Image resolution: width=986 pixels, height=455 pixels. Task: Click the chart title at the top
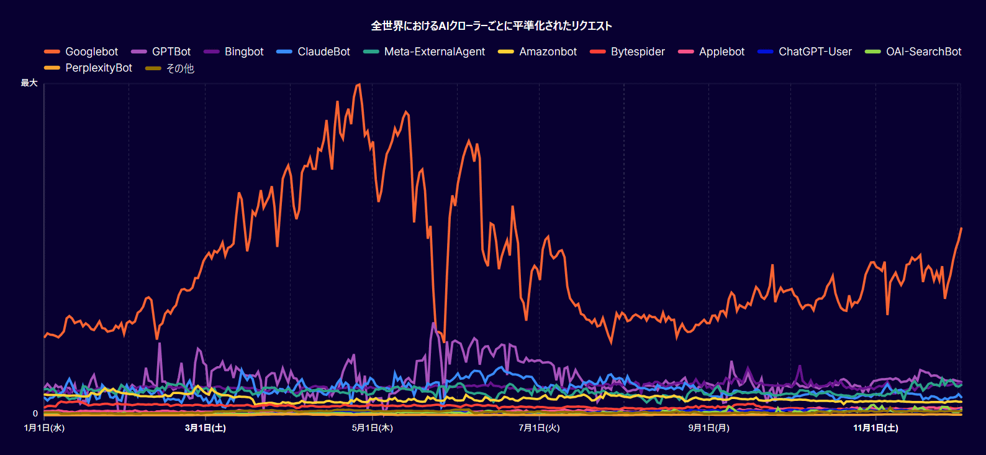tap(491, 26)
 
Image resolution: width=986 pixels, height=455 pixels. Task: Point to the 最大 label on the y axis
tap(29, 83)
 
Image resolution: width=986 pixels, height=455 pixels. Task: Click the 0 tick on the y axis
tap(35, 413)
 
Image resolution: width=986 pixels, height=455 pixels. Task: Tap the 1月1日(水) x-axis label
tap(44, 428)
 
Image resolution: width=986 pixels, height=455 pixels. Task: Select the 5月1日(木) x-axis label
tap(372, 428)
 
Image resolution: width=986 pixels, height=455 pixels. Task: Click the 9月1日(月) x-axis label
tap(708, 428)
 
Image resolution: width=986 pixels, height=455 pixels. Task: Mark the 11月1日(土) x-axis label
tap(875, 428)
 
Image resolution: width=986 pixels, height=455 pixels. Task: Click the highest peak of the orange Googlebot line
tap(358, 85)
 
